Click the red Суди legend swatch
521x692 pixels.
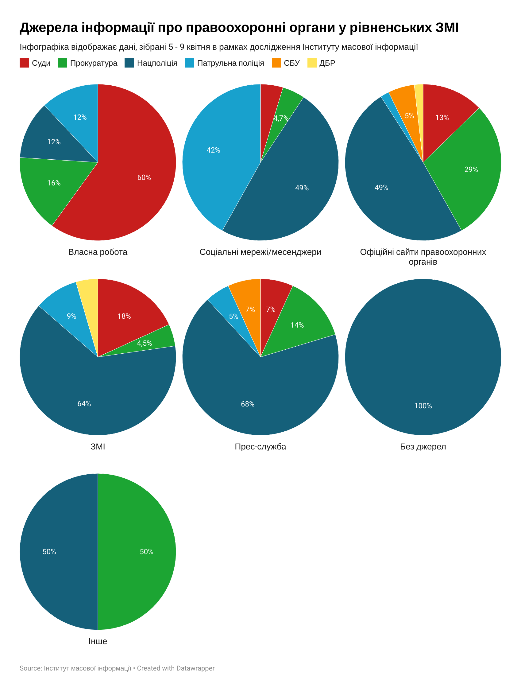(x=24, y=63)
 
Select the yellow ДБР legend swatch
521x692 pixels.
(x=312, y=63)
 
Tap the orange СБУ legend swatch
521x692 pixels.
(x=276, y=63)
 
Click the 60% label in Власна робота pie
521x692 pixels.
(x=144, y=177)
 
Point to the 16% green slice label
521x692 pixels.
(x=54, y=183)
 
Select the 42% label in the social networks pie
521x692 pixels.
(x=213, y=150)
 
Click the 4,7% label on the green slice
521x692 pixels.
(x=281, y=118)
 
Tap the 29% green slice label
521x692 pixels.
(x=471, y=169)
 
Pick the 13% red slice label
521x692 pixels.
(x=442, y=118)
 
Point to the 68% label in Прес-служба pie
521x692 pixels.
(x=248, y=404)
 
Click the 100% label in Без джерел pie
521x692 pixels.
(x=423, y=406)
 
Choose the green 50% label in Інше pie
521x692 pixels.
(x=146, y=551)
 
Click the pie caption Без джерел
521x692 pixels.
(x=423, y=447)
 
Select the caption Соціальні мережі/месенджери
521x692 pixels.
(x=260, y=252)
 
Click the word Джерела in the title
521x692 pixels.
(x=49, y=28)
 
